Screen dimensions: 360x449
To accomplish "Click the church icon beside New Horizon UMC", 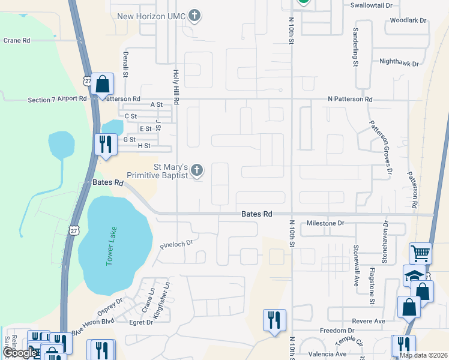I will pos(194,16).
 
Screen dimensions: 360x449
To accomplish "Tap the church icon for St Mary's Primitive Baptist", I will pos(196,171).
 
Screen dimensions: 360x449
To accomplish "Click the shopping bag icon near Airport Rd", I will pos(103,84).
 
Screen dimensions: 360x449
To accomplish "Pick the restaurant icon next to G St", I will pos(105,145).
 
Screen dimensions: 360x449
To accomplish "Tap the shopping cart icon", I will pos(420,253).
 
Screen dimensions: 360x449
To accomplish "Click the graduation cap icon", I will pos(414,275).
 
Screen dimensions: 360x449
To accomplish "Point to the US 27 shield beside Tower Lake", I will pos(73,230).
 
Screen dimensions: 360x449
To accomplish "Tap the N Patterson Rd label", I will pos(350,99).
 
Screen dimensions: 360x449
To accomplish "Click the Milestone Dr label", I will pos(325,223).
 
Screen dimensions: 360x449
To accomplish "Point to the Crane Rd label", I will pos(17,40).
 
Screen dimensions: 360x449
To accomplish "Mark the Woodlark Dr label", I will pos(408,20).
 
